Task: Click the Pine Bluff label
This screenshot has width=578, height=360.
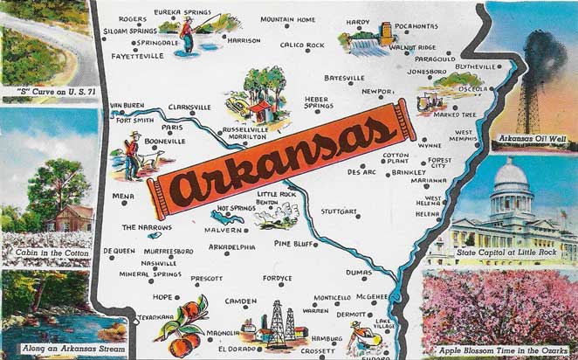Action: click(x=293, y=243)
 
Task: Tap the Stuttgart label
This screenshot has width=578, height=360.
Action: click(x=340, y=211)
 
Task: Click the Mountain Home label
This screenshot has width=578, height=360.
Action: click(x=287, y=18)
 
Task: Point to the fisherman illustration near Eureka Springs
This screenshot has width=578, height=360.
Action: click(x=186, y=32)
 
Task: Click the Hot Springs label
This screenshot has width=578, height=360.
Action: click(x=236, y=208)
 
